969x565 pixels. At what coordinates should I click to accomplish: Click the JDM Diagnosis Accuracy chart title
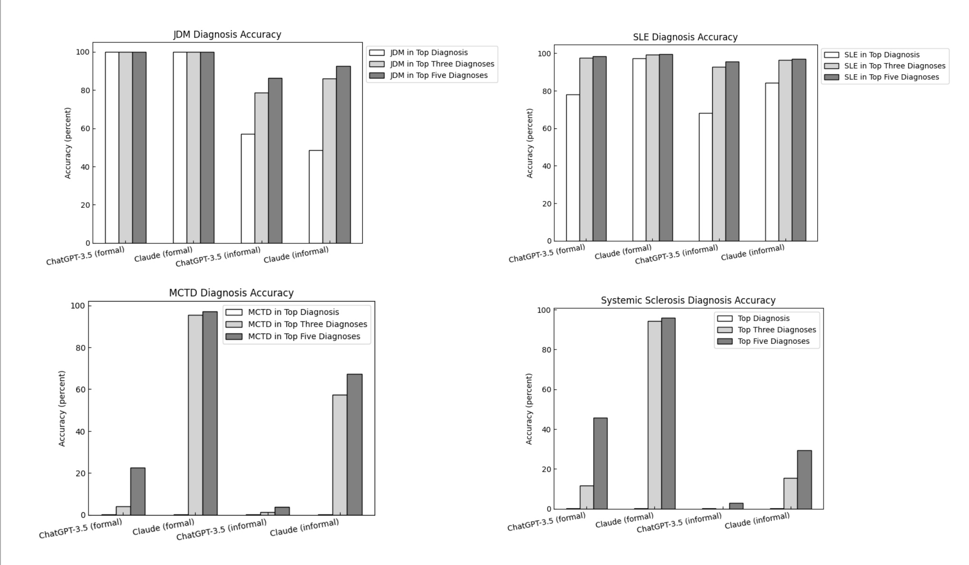point(227,35)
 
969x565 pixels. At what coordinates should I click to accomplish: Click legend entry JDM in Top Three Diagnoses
point(442,64)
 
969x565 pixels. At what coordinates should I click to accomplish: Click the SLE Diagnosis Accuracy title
point(685,37)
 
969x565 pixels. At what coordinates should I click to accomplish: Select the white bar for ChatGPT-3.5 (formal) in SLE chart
point(572,167)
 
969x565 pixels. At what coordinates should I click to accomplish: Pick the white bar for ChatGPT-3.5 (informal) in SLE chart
point(705,177)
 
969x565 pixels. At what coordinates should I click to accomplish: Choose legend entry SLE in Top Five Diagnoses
point(891,77)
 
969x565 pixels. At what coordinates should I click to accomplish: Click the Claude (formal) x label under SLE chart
point(623,253)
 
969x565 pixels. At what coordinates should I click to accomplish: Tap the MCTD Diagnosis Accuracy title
point(231,293)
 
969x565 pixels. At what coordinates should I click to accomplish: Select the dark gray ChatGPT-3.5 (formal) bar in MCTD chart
point(138,491)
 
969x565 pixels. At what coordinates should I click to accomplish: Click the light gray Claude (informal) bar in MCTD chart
point(339,455)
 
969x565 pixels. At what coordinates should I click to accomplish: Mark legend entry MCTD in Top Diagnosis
point(293,312)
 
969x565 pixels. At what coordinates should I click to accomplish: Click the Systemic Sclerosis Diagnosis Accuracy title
point(688,301)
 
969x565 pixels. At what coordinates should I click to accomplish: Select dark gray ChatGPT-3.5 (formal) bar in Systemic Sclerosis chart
point(600,463)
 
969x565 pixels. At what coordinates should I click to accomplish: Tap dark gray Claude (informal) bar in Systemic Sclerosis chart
point(804,479)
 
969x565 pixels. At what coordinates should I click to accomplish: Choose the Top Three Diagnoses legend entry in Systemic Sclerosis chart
point(776,330)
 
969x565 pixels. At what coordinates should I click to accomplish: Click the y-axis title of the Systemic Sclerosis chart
point(529,409)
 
